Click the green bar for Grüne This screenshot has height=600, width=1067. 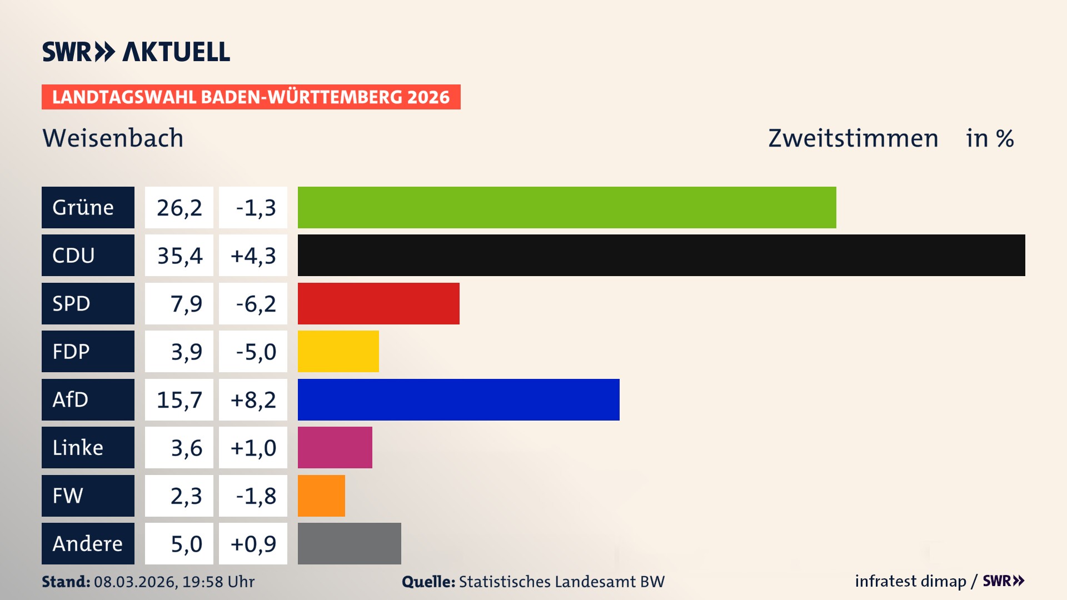point(567,207)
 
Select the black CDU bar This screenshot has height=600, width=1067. point(661,256)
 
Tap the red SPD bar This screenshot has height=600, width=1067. point(378,303)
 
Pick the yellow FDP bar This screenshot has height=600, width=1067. point(338,352)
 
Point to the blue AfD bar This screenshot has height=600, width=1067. point(458,399)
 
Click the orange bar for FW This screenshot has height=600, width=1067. point(321,496)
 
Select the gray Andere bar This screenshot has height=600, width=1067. point(349,543)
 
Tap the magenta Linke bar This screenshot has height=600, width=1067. point(335,448)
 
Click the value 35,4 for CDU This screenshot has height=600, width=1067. point(179,256)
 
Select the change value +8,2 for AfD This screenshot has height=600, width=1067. point(253,399)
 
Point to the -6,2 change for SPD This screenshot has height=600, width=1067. point(255,303)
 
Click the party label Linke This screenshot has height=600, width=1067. point(78,448)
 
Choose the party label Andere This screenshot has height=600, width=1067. point(87,543)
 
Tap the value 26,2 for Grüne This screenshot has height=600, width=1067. point(179,207)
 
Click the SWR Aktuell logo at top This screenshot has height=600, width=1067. point(136,52)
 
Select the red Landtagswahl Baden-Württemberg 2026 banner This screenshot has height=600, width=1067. point(251,97)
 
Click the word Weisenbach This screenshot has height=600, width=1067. point(113,138)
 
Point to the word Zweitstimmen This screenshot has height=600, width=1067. point(853,138)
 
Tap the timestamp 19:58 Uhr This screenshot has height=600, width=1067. point(218,582)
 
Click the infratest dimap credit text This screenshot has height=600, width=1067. point(910,581)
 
